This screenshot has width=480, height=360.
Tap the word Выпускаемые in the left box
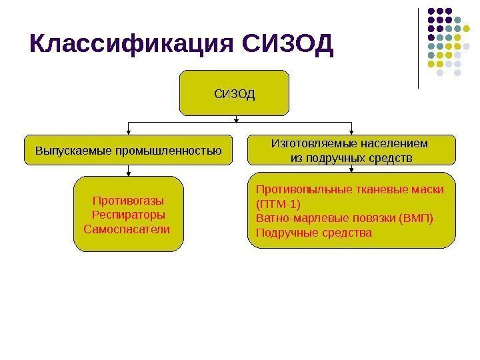point(66,151)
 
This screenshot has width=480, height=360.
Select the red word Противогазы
point(128,201)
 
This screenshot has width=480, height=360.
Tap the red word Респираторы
point(128,215)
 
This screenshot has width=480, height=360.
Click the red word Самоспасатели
point(127,229)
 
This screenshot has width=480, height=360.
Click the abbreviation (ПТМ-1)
point(279,204)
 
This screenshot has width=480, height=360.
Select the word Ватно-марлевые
point(295,219)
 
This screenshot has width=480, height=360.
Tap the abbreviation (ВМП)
point(413,219)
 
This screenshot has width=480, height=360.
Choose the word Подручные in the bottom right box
point(285,233)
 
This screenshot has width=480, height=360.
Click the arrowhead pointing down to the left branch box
point(129,133)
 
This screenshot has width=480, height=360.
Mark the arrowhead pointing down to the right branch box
point(352,132)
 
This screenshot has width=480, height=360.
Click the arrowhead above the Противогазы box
point(129,173)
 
